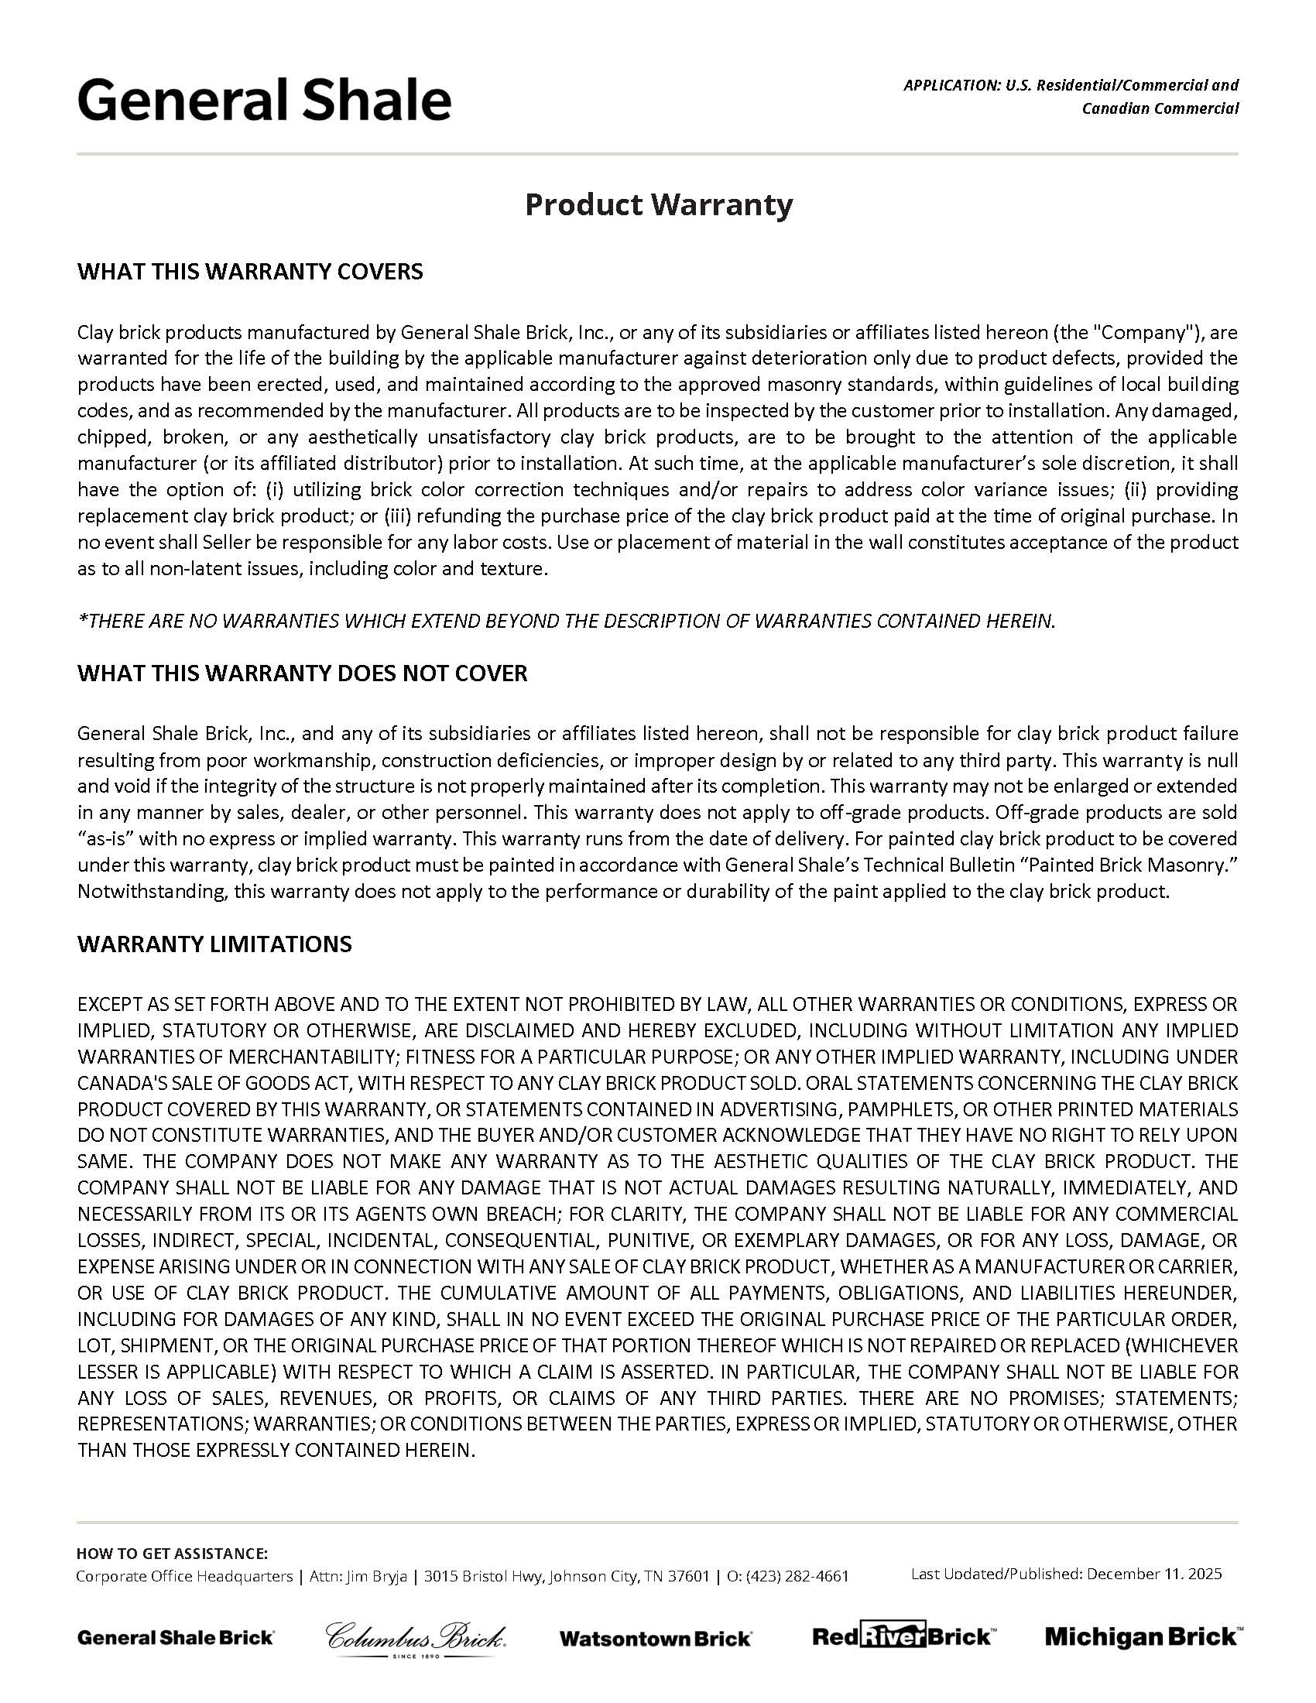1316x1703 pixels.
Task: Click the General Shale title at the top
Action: tap(263, 101)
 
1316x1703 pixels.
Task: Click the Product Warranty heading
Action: tap(658, 204)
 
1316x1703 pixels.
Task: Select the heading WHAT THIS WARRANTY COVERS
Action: tap(249, 272)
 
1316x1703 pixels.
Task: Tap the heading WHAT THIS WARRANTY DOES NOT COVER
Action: tap(302, 673)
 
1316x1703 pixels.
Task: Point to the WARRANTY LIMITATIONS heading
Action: tap(214, 944)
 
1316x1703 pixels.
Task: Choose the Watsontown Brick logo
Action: tap(655, 1638)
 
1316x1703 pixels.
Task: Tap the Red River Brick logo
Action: tap(902, 1636)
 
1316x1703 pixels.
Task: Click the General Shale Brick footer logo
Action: tap(176, 1637)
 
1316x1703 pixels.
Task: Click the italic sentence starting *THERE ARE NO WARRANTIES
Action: tap(566, 621)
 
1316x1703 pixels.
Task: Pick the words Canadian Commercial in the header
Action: tap(1160, 108)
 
